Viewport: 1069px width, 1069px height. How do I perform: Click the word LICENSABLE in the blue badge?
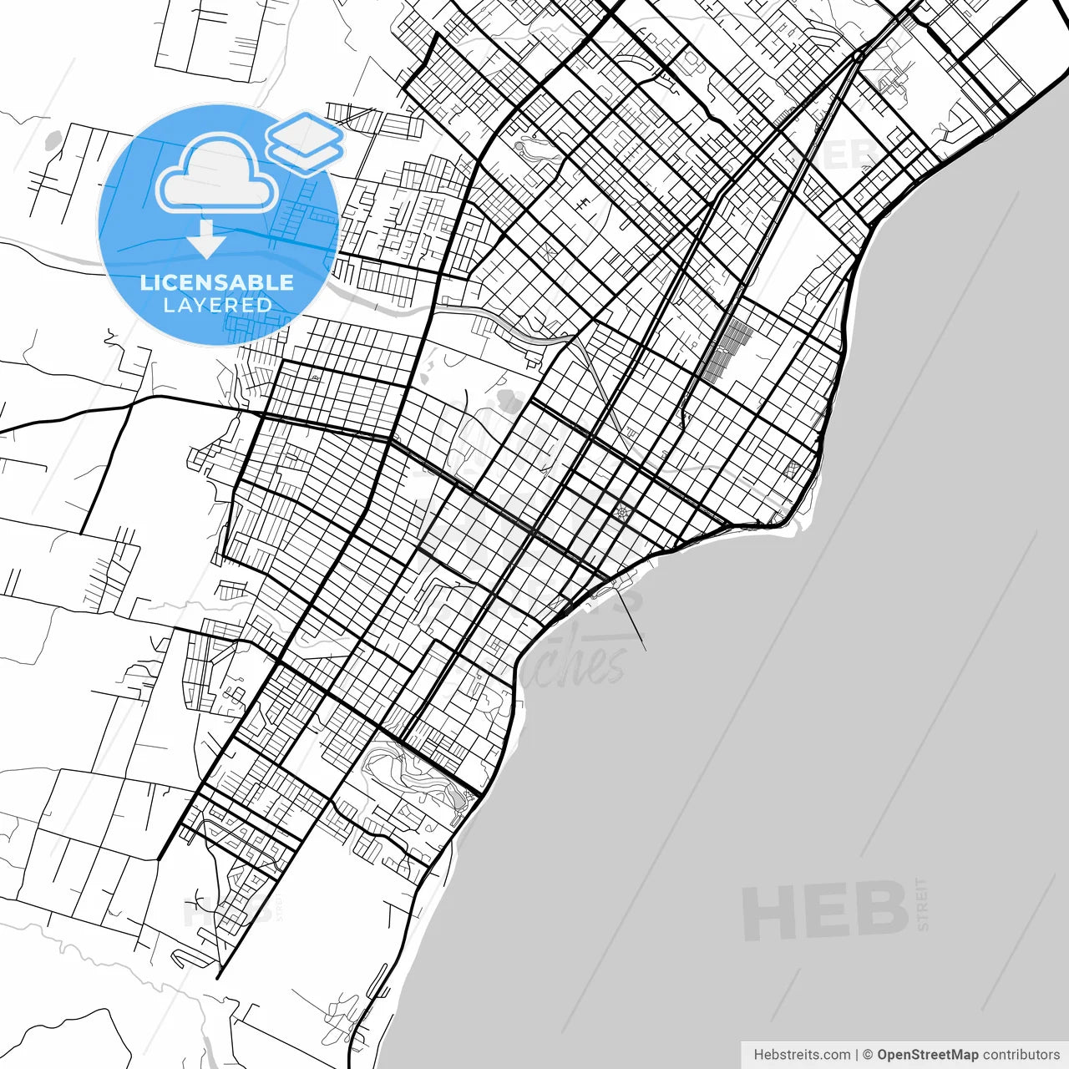pyautogui.click(x=217, y=282)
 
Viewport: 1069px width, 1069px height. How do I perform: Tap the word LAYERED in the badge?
pyautogui.click(x=217, y=306)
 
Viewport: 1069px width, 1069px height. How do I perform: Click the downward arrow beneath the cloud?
pyautogui.click(x=205, y=240)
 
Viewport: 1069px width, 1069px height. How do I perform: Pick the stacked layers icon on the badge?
pyautogui.click(x=306, y=140)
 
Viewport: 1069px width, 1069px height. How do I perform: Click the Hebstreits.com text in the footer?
pyautogui.click(x=802, y=1055)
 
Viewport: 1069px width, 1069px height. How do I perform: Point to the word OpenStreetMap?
pyautogui.click(x=928, y=1055)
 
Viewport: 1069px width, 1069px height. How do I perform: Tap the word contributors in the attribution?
pyautogui.click(x=1021, y=1055)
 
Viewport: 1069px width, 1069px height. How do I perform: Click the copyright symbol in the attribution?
pyautogui.click(x=868, y=1055)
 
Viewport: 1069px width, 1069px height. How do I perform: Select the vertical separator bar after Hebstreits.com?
pyautogui.click(x=858, y=1055)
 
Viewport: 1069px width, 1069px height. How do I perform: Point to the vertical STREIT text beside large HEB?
pyautogui.click(x=922, y=904)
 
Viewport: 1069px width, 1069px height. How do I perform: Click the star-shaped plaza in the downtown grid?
pyautogui.click(x=621, y=512)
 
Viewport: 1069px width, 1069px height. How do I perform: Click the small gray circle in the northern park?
pyautogui.click(x=519, y=148)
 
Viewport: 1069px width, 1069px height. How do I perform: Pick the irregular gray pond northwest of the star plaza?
pyautogui.click(x=509, y=401)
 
